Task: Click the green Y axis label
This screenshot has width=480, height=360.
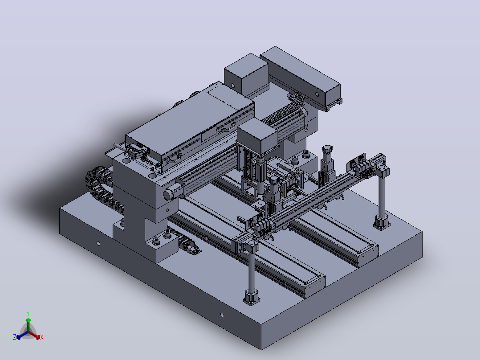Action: tap(28, 313)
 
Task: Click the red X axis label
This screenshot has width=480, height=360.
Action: tap(42, 337)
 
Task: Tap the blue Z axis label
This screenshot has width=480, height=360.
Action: tap(15, 337)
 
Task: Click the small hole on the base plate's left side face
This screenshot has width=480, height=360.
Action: tap(98, 243)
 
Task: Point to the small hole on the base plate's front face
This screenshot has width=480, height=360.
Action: tap(222, 315)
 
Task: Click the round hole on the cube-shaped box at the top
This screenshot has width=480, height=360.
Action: tap(232, 86)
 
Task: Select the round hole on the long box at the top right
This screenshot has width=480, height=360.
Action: tap(317, 94)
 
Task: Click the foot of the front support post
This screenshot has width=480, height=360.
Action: tap(252, 298)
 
